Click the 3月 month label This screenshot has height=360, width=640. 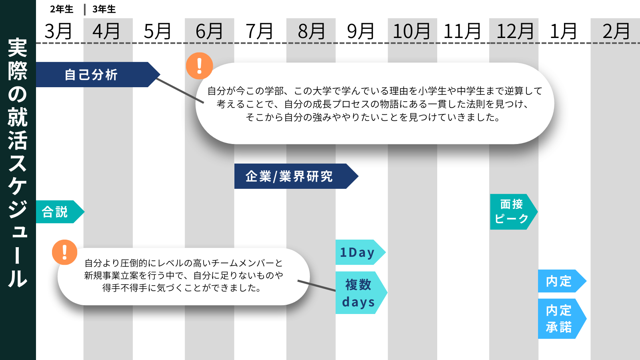pyautogui.click(x=58, y=31)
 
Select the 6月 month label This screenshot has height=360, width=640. pyautogui.click(x=209, y=31)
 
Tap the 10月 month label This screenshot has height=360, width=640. pyautogui.click(x=411, y=31)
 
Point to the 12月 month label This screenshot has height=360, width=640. pyautogui.click(x=515, y=31)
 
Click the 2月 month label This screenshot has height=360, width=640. pyautogui.click(x=616, y=31)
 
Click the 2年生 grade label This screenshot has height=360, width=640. pyautogui.click(x=62, y=9)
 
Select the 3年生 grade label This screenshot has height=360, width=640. pyautogui.click(x=104, y=9)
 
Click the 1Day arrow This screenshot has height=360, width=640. pyautogui.click(x=358, y=252)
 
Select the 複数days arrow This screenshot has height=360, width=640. pyautogui.click(x=359, y=293)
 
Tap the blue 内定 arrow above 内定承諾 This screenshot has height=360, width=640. pyautogui.click(x=559, y=281)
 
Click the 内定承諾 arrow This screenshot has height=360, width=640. pyautogui.click(x=559, y=319)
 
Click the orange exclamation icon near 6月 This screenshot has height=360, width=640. pyautogui.click(x=199, y=66)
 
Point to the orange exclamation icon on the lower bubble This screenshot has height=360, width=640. pyautogui.click(x=64, y=252)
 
